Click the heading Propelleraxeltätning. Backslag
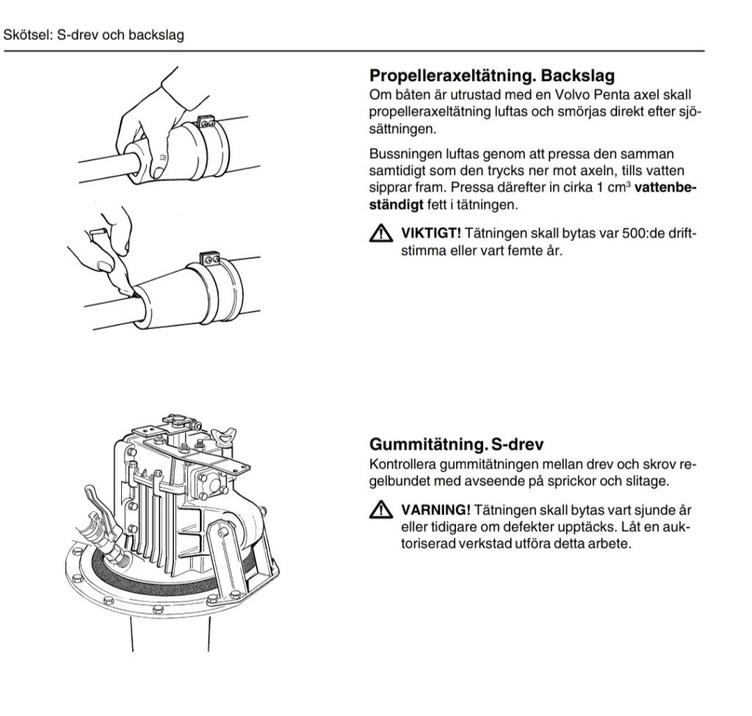[492, 76]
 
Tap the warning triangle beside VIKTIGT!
[381, 235]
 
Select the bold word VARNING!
[435, 510]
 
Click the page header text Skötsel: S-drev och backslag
[94, 35]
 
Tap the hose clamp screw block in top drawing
[206, 119]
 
